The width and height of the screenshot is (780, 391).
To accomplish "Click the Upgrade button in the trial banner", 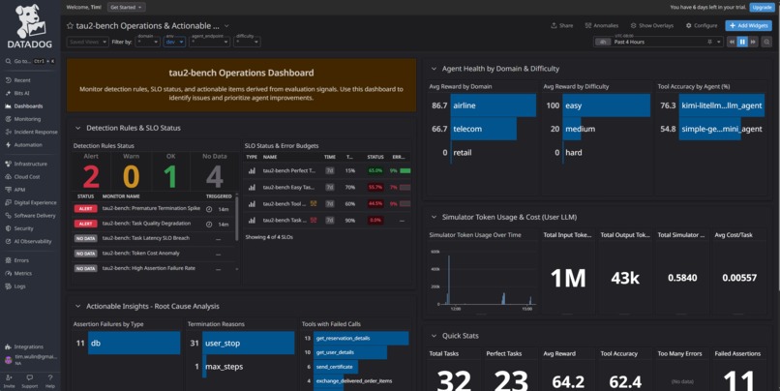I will coord(762,7).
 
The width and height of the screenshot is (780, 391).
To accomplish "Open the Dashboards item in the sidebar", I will coord(28,105).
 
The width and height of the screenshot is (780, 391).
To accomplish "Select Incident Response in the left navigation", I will coord(36,132).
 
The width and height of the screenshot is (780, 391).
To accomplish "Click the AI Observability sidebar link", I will coord(33,241).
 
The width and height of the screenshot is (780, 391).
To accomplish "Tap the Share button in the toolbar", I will coord(562,26).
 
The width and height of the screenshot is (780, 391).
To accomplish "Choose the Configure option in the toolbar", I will coord(702,26).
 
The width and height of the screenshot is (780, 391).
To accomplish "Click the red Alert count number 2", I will coord(90,176).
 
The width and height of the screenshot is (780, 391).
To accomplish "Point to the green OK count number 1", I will coord(170,176).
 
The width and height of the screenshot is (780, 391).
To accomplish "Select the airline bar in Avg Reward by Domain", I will coord(492,105).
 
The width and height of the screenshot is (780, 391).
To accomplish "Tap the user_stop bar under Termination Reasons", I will coord(248,343).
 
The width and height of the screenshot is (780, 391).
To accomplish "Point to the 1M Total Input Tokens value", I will coord(568,278).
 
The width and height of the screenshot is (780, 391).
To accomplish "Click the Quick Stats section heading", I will coord(461,336).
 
